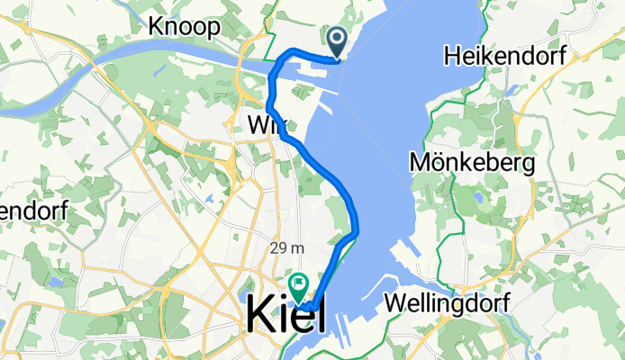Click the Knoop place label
(186, 27)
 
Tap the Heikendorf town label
(504, 57)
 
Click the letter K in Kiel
(261, 315)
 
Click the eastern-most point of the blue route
(358, 229)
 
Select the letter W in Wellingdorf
(394, 303)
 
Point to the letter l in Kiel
(322, 315)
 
